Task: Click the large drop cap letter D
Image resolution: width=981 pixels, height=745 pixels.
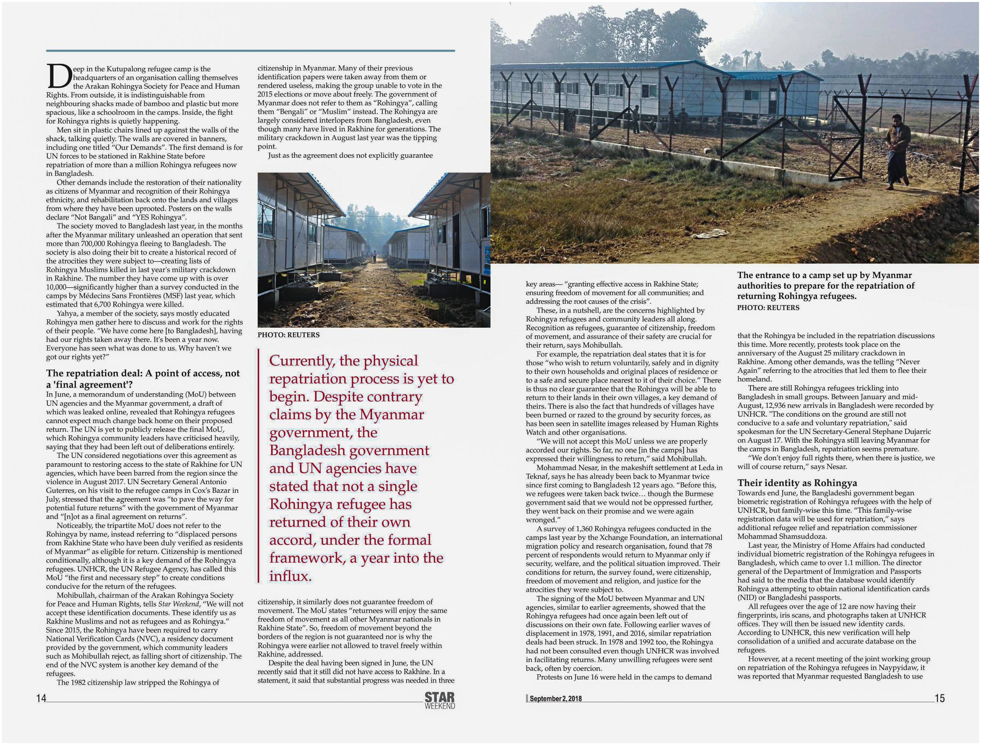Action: [58, 76]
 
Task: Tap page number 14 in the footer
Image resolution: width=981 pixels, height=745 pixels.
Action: [41, 698]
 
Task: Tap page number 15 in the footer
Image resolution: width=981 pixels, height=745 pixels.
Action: [939, 698]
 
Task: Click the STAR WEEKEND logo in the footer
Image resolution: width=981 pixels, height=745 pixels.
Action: [440, 700]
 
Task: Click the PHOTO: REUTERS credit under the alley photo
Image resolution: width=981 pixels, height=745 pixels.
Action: [288, 335]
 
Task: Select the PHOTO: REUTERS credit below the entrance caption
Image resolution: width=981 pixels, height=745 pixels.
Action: [768, 307]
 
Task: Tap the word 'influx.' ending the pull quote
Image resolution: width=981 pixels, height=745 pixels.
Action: [290, 576]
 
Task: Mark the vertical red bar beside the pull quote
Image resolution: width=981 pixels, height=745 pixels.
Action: [258, 466]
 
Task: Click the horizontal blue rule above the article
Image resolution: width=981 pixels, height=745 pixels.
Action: [250, 50]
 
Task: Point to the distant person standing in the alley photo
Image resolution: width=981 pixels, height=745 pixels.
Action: [373, 257]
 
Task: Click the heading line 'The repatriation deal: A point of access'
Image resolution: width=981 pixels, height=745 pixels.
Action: [143, 374]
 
